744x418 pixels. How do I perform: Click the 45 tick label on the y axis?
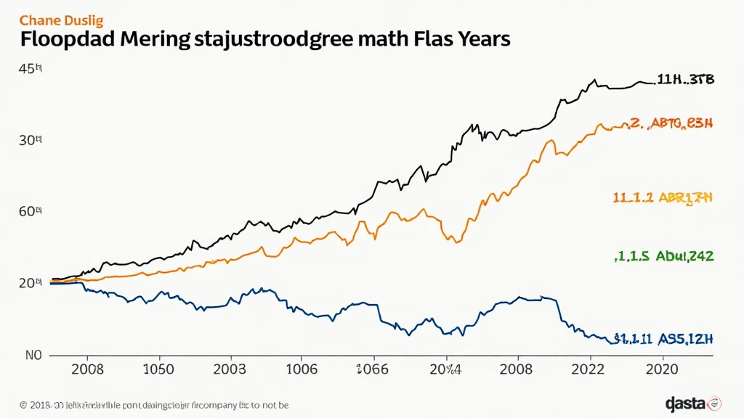pos(30,69)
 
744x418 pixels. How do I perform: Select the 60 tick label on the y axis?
pos(30,211)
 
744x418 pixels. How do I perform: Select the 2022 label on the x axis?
pos(589,369)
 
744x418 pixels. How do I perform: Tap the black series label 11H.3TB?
pos(685,79)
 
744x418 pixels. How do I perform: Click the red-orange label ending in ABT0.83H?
pos(669,124)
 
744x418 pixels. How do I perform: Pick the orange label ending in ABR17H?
pos(663,197)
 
